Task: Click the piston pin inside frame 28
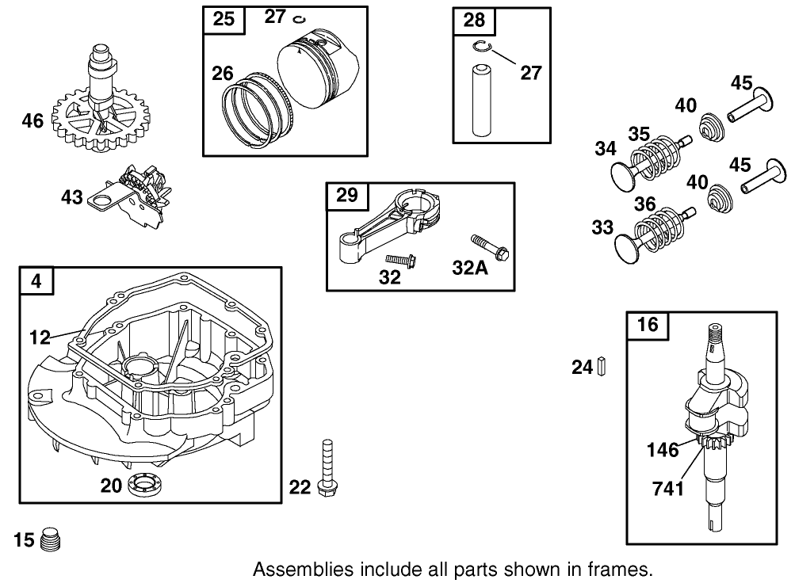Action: point(483,101)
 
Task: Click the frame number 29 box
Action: point(347,196)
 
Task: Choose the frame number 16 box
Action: point(647,325)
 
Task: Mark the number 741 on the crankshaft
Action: point(667,489)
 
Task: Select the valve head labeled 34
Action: point(626,172)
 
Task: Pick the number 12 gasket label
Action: point(40,337)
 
